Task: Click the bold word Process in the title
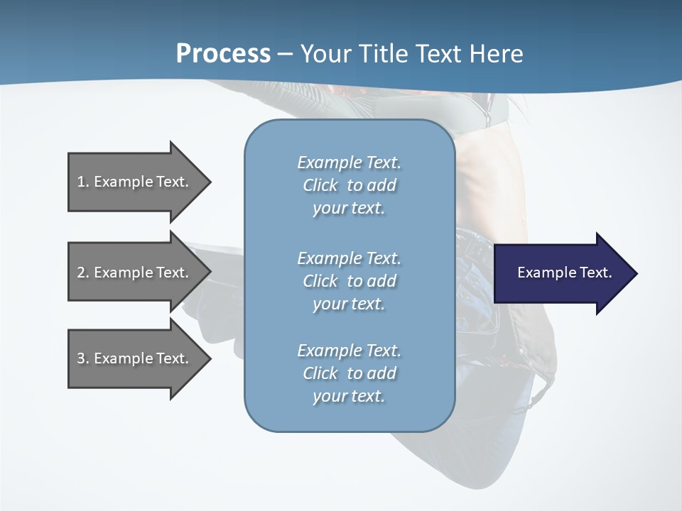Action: tap(223, 54)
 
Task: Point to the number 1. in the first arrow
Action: tap(83, 182)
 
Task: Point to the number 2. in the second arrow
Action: tap(83, 273)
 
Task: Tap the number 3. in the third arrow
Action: tap(83, 358)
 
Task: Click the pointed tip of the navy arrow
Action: tap(634, 273)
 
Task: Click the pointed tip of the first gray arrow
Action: tap(208, 182)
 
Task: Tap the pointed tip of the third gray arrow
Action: tap(208, 358)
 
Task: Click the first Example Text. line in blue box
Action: tap(349, 163)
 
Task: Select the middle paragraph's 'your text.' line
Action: tap(349, 304)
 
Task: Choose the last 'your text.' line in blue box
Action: tap(349, 396)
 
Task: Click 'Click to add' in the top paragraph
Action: tap(349, 185)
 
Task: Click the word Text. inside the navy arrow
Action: tap(593, 273)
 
